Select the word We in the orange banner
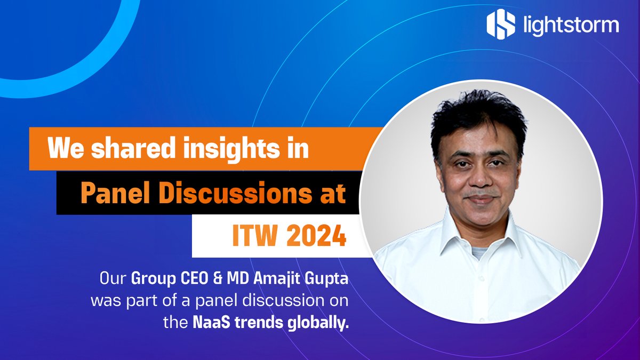[x=64, y=149]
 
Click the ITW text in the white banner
[x=251, y=236]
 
